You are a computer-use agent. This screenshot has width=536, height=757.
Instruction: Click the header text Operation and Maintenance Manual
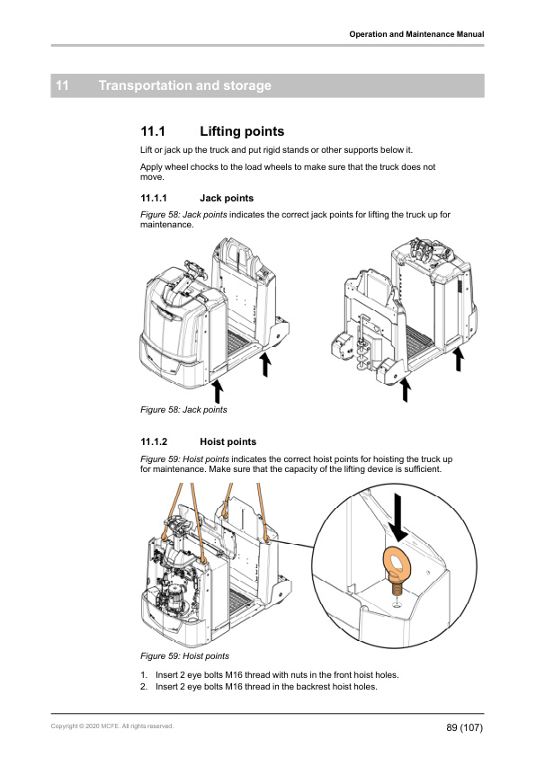(416, 34)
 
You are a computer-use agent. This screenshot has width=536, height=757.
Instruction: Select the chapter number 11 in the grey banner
(63, 86)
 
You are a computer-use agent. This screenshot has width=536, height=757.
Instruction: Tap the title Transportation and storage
(184, 86)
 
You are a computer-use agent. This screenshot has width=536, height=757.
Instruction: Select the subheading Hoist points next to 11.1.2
(228, 442)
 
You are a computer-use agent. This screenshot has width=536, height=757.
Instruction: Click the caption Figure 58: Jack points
(183, 410)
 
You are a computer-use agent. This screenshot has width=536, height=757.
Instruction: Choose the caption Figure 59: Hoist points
(184, 655)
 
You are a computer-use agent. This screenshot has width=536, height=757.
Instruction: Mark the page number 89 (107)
(464, 726)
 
